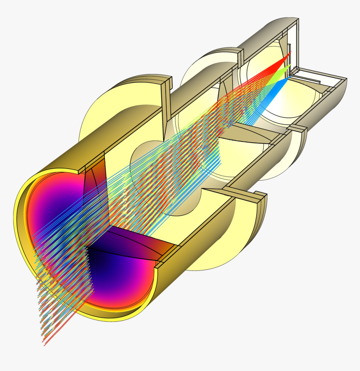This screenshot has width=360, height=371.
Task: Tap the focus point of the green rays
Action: click(289, 66)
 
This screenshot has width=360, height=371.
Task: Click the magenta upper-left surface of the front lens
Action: click(46, 201)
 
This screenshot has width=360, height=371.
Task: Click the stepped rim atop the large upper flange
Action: click(166, 82)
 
